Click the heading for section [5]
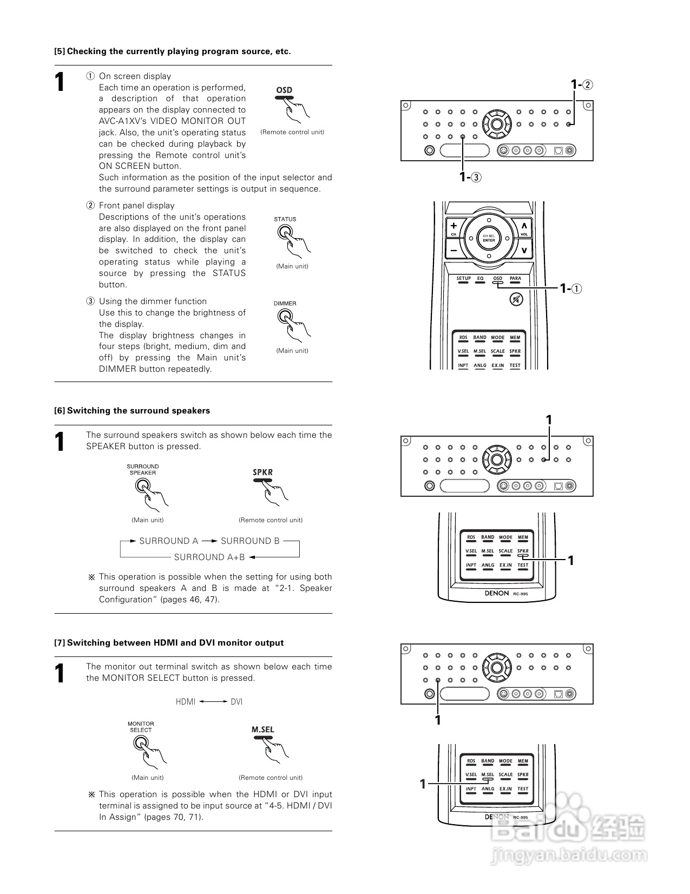[172, 51]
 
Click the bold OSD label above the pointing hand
[284, 90]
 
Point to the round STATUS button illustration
[284, 232]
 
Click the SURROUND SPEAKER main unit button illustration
[142, 485]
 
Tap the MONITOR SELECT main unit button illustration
[140, 743]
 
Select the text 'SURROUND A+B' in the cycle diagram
[209, 557]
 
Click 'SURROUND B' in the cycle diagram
[250, 541]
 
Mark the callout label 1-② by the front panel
[582, 85]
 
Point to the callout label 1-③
[470, 176]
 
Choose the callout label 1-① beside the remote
[571, 288]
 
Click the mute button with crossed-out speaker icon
[517, 299]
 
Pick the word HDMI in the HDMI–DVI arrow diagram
[185, 702]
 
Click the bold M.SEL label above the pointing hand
[263, 729]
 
